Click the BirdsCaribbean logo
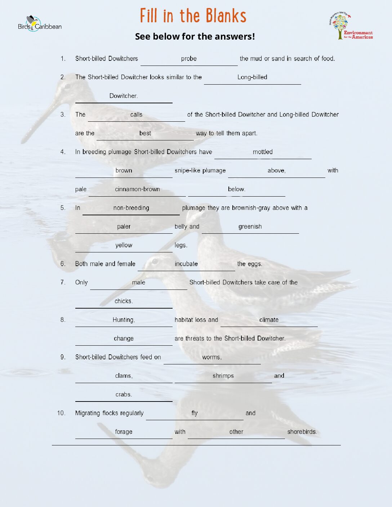(40, 24)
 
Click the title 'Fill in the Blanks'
(193, 16)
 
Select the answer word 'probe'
(189, 59)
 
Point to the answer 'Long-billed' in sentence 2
(252, 77)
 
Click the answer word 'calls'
(136, 115)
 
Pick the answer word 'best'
(145, 133)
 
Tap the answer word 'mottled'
(263, 152)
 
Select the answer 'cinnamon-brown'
(137, 189)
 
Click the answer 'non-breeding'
(131, 208)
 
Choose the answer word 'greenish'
(250, 226)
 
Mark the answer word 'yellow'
(124, 245)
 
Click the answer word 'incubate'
(186, 264)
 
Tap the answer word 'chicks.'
(124, 301)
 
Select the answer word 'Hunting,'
(124, 320)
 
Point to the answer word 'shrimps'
(223, 376)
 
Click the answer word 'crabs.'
(124, 394)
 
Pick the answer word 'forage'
(124, 432)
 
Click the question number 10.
(61, 413)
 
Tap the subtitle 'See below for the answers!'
(195, 36)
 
